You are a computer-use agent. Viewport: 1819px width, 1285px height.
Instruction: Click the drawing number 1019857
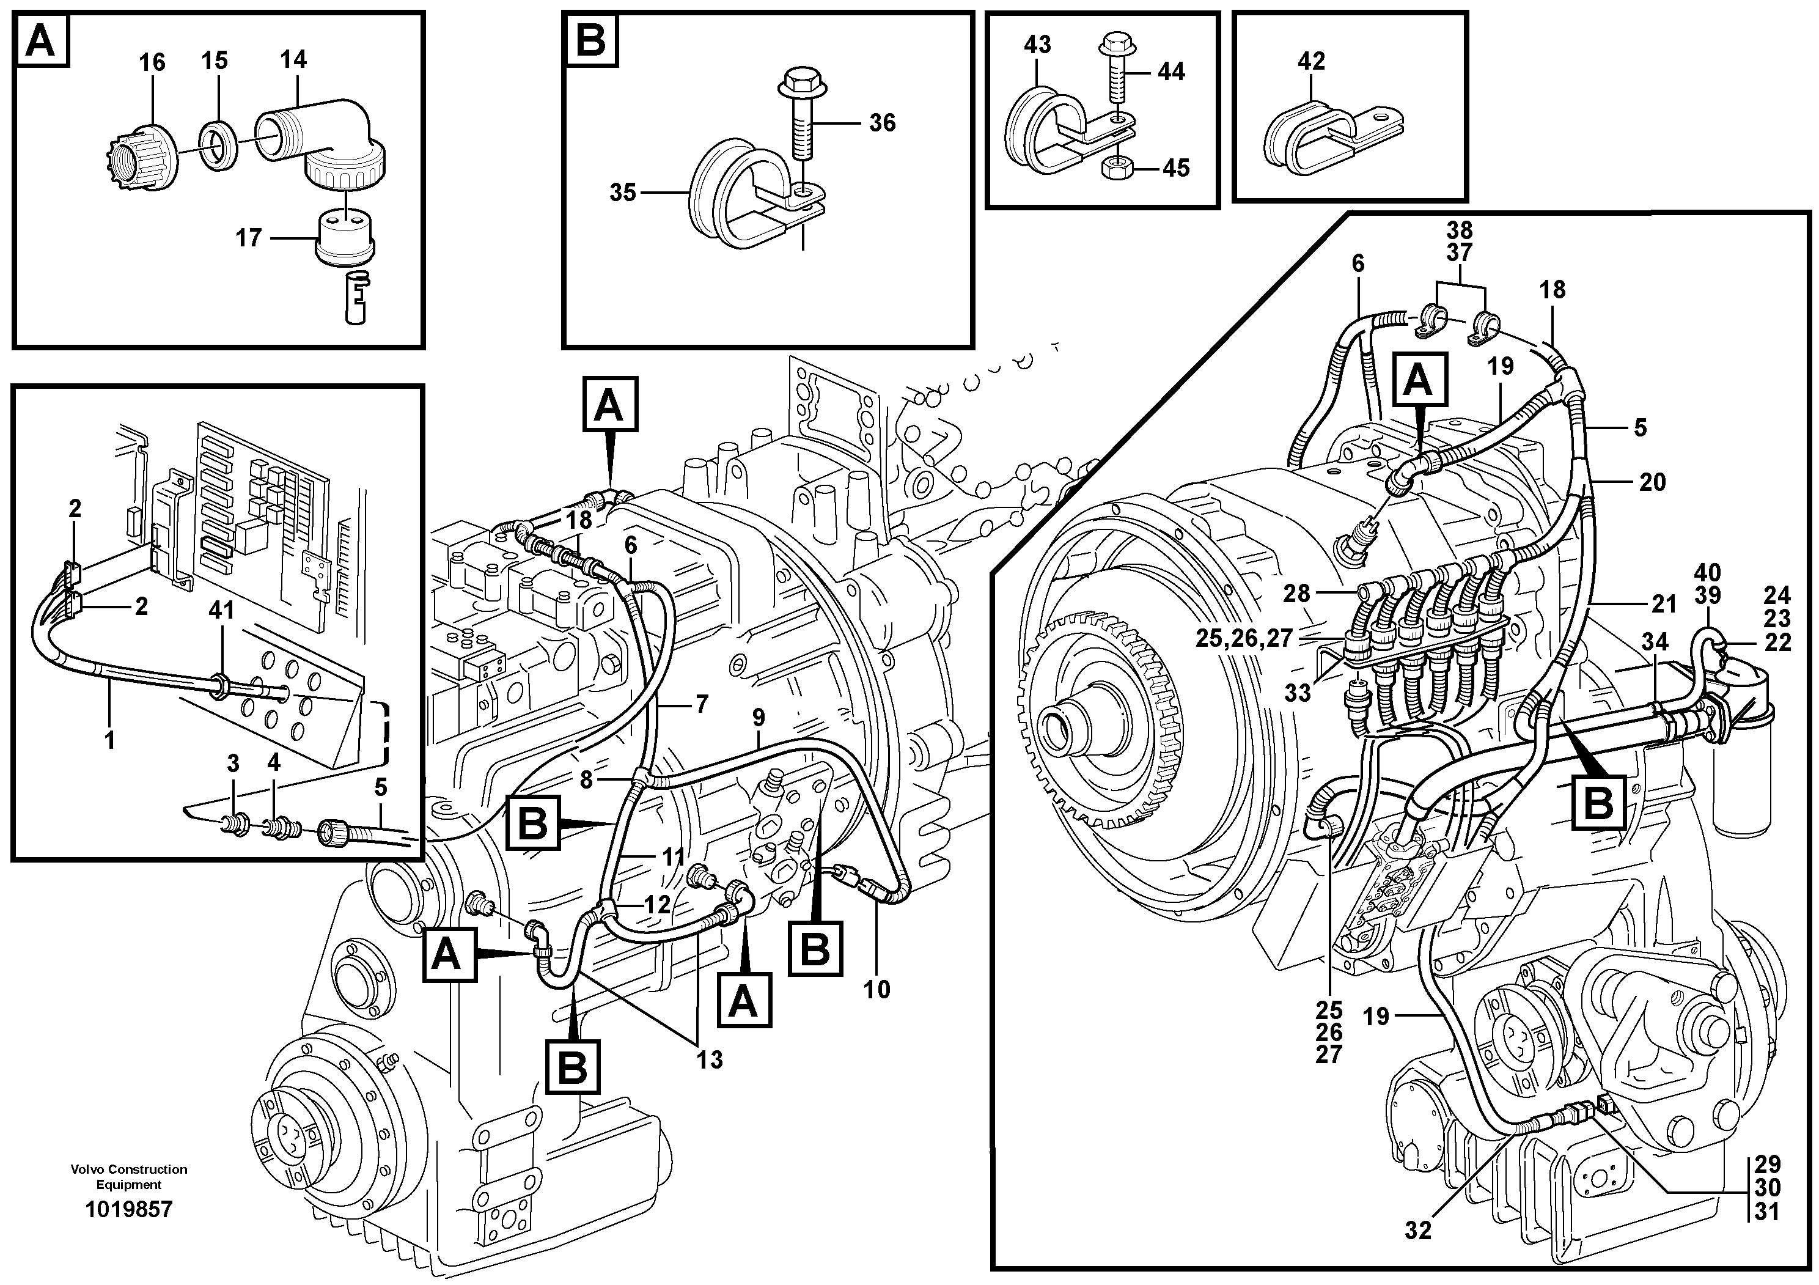coord(128,1210)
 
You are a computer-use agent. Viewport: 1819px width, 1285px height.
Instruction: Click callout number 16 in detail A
coord(152,62)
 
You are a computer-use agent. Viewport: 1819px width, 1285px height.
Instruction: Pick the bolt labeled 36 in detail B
coord(805,127)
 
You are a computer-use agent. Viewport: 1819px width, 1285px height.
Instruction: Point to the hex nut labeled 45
coord(1116,168)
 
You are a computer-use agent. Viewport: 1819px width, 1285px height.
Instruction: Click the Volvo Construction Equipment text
coord(128,1176)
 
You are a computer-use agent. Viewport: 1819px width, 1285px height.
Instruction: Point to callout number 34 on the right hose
coord(1654,642)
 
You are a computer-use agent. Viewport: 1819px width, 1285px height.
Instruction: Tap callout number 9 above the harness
coord(758,718)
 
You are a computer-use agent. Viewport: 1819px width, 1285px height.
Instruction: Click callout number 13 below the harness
coord(709,1059)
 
